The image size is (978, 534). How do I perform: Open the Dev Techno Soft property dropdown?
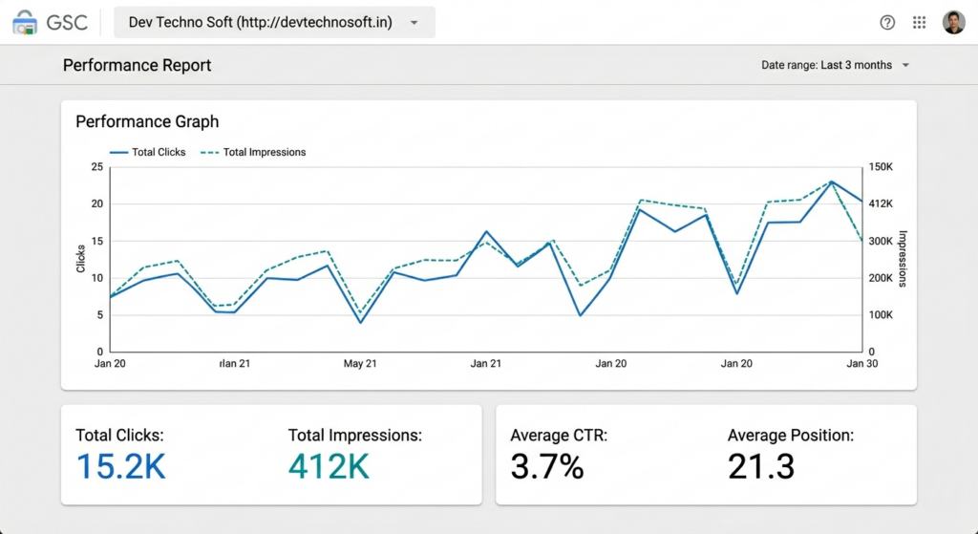coord(274,22)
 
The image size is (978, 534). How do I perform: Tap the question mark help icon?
coord(887,22)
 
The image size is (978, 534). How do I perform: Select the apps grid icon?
coord(919,22)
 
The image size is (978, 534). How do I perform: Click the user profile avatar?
coord(953,22)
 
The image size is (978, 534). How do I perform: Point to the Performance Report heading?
coord(137,65)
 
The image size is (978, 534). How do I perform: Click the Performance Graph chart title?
coord(147,121)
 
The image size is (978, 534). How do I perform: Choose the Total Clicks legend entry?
coord(148,152)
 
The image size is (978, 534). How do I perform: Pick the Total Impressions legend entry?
coord(255,152)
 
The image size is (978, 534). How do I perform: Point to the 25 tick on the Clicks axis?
coord(96,167)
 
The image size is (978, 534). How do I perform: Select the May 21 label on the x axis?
coord(360,364)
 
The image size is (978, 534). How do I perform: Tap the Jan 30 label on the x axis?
coord(861,364)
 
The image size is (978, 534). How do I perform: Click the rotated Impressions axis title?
coord(902,258)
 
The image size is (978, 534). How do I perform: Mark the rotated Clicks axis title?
coord(80,258)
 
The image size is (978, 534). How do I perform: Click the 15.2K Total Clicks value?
coord(120,466)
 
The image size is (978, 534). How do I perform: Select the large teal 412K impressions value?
coord(329,466)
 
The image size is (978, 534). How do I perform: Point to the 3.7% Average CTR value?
coord(546,466)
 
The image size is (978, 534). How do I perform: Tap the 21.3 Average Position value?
coord(760,466)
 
